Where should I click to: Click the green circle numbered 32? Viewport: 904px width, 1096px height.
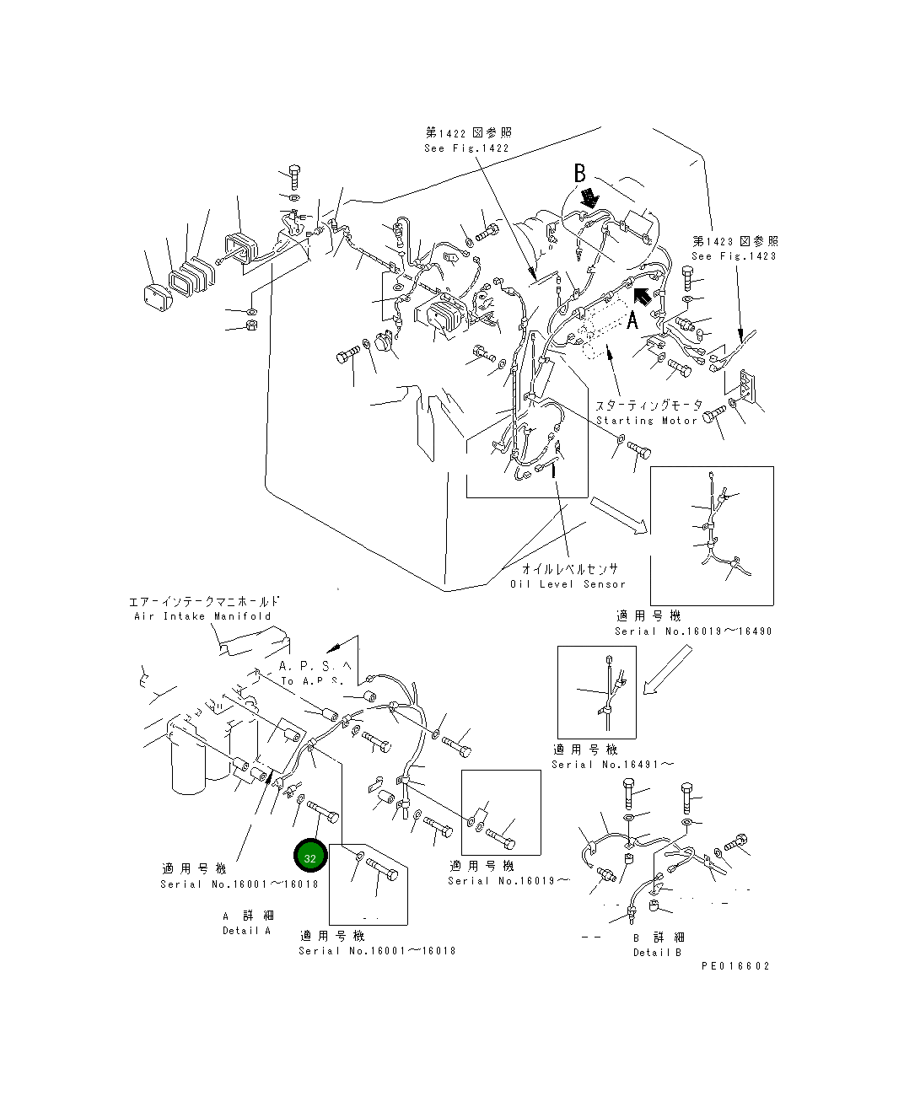[x=309, y=857]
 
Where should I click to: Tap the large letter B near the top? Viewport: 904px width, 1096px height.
[x=579, y=173]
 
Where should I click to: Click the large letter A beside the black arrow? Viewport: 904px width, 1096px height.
[x=632, y=320]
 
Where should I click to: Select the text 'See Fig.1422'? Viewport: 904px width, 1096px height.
[x=466, y=148]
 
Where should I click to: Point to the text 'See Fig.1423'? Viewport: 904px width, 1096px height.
[x=734, y=256]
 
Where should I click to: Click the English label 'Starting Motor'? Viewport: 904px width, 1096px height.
[x=647, y=421]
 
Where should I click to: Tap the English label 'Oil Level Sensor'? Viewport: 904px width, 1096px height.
[x=568, y=583]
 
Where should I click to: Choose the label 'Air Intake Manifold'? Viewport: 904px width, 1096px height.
[x=202, y=615]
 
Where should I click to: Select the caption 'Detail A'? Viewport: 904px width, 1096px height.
[x=247, y=930]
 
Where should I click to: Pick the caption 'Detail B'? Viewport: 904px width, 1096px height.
[x=657, y=952]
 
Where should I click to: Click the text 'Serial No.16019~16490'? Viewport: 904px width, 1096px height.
[x=693, y=631]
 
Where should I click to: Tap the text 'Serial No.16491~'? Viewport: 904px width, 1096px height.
[x=612, y=765]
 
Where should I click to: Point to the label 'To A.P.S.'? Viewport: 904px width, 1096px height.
[x=312, y=681]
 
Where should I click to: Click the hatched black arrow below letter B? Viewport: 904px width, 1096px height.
[x=590, y=198]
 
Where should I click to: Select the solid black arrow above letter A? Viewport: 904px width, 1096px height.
[x=643, y=296]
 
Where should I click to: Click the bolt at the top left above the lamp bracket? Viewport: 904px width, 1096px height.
[x=294, y=177]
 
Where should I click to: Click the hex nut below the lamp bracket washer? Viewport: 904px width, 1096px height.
[x=252, y=325]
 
